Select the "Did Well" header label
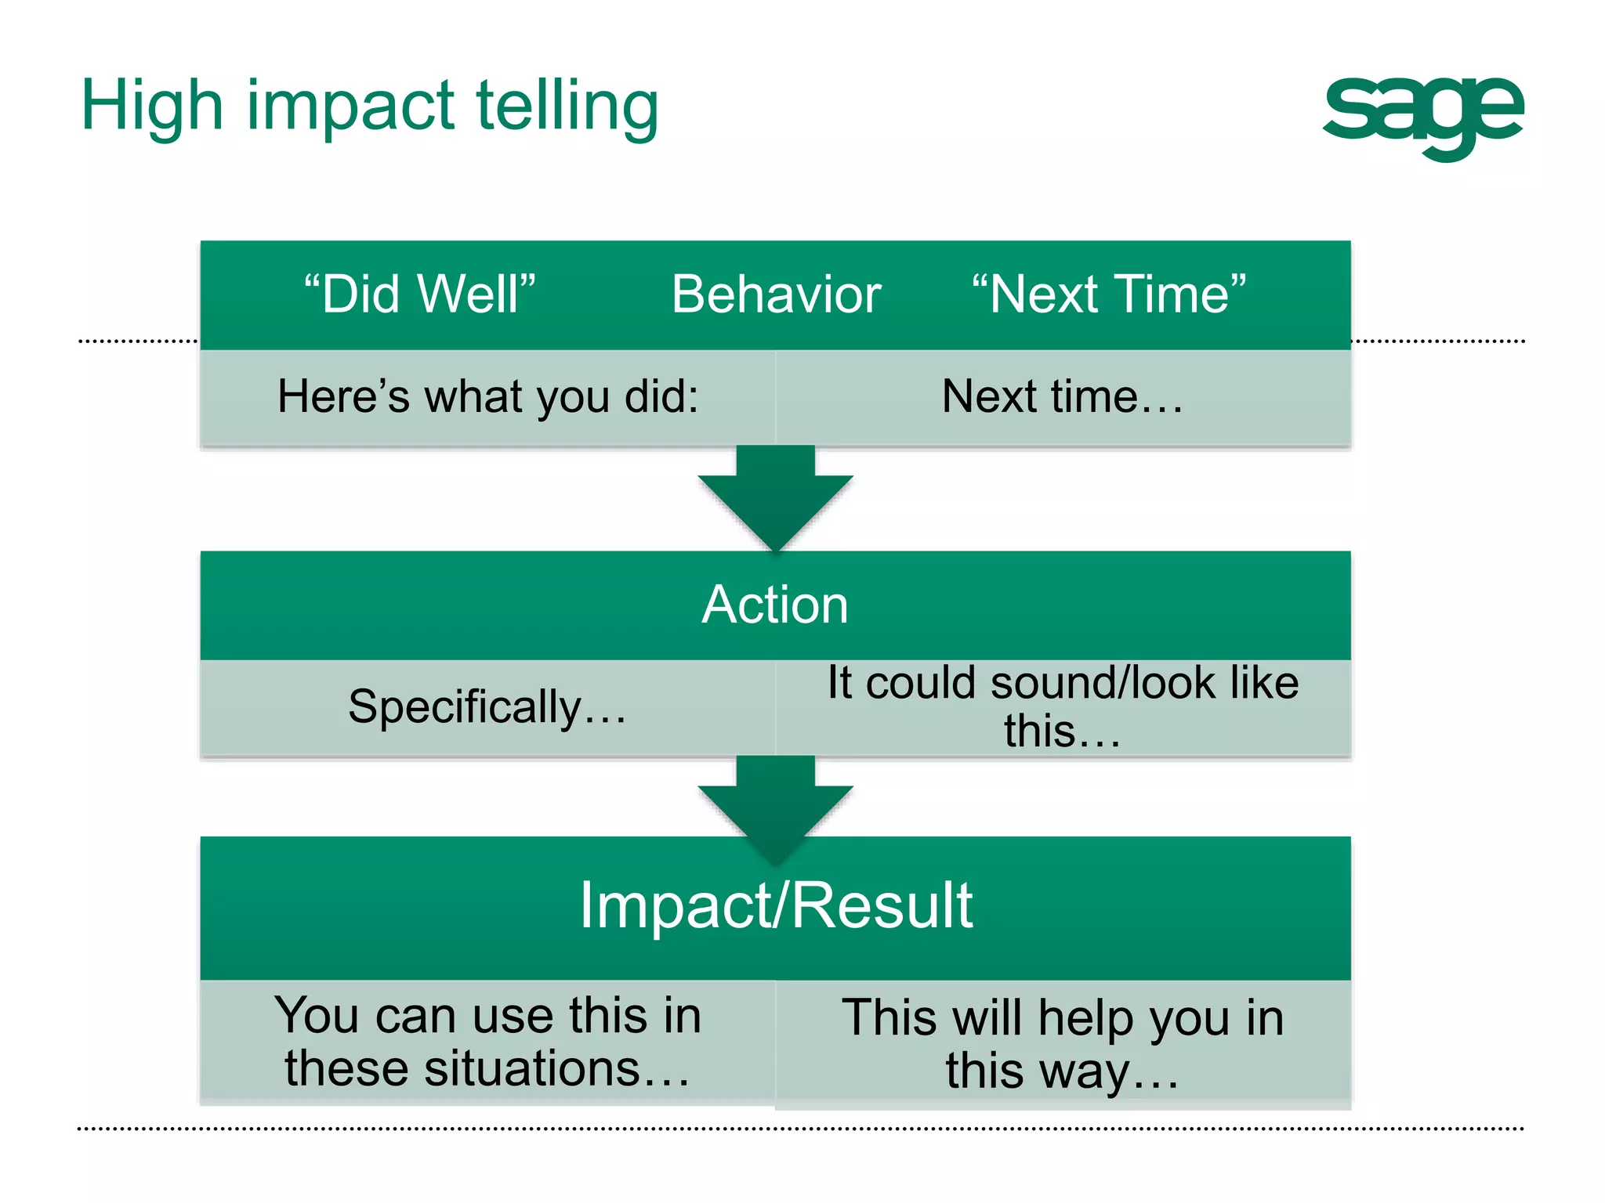[x=419, y=294]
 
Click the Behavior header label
[x=776, y=294]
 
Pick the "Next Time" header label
[x=1108, y=294]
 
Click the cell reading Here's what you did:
[x=487, y=396]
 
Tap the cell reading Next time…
[x=1063, y=396]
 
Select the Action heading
[x=775, y=605]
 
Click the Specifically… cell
[x=487, y=706]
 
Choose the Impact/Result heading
[x=775, y=905]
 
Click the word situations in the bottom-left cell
[x=533, y=1068]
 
